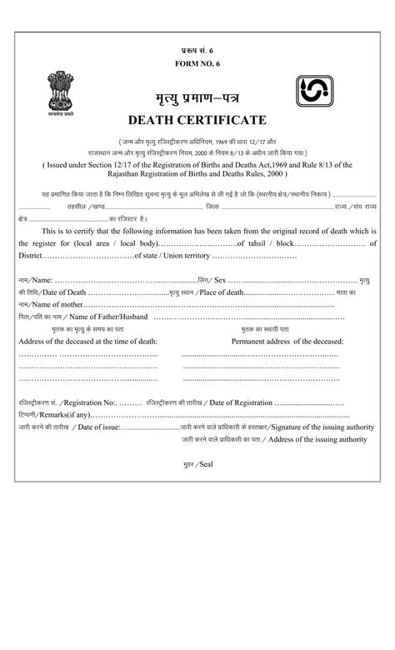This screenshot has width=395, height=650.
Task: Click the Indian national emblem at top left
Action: [x=60, y=95]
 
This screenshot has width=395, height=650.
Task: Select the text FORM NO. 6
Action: [x=197, y=63]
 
